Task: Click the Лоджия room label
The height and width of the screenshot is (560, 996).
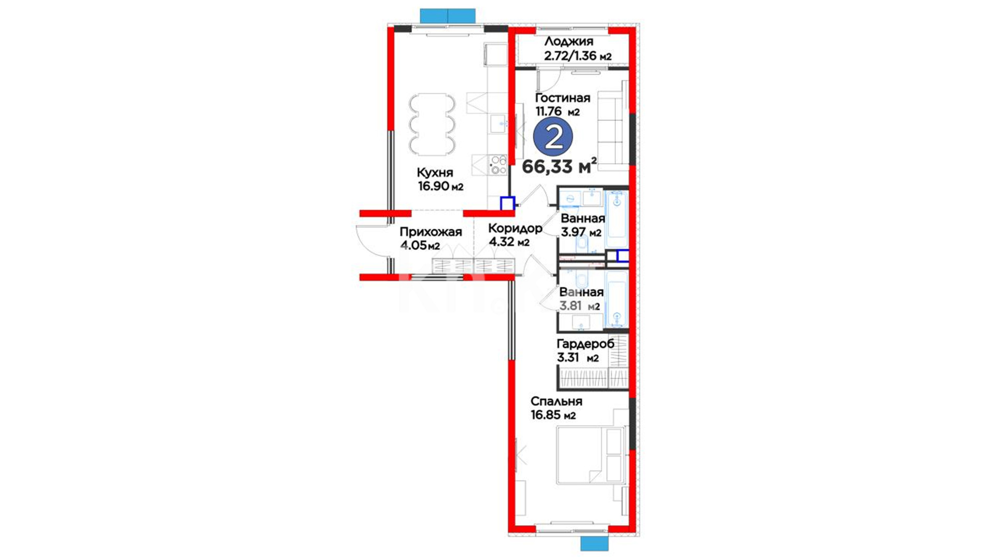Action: (569, 42)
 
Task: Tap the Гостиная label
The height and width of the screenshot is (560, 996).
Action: (562, 98)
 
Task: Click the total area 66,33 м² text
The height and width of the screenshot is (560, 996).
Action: (559, 166)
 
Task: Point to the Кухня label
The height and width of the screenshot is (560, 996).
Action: (435, 173)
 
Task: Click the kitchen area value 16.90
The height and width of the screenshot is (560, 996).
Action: (434, 186)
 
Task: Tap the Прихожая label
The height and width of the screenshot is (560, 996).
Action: (431, 232)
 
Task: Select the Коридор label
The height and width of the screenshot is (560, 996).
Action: (515, 228)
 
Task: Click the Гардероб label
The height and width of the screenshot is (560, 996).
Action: (585, 344)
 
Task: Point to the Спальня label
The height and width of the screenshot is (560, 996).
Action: (556, 401)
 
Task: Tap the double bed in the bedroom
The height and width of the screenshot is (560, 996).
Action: (590, 455)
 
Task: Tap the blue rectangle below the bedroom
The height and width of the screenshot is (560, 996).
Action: (594, 543)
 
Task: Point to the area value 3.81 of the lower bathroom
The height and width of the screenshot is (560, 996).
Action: (571, 306)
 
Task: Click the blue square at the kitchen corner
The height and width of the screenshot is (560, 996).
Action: (507, 203)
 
